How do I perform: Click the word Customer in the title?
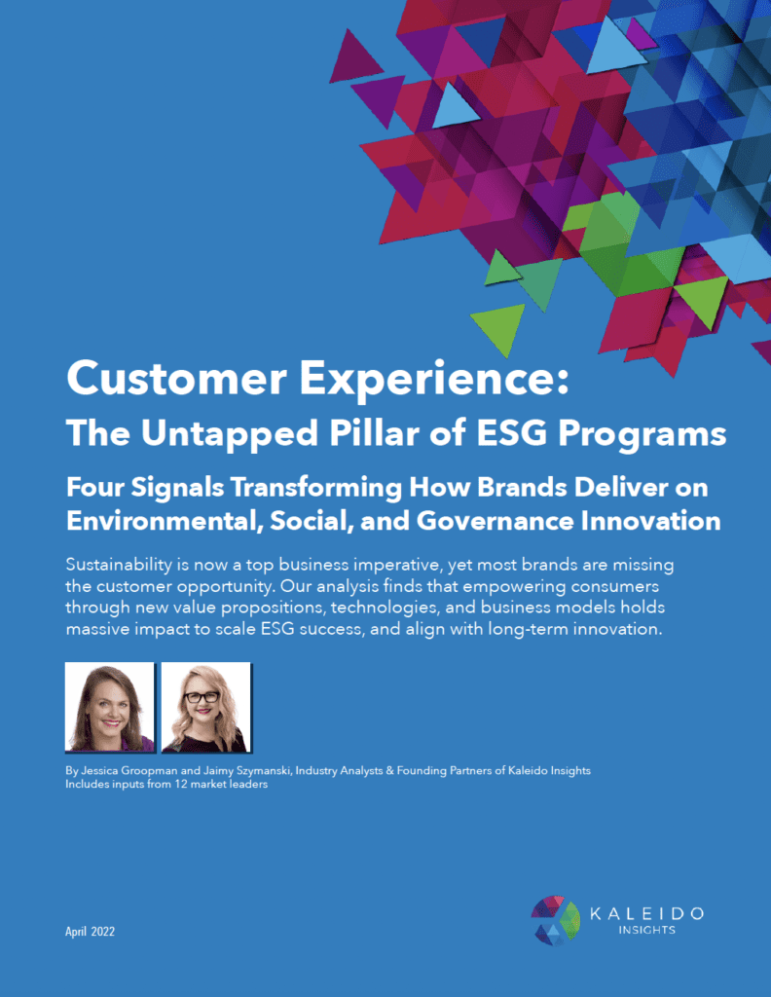click(176, 378)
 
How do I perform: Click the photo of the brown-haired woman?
click(110, 707)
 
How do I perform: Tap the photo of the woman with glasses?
click(206, 707)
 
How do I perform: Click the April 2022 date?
click(91, 932)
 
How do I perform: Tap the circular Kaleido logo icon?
click(556, 920)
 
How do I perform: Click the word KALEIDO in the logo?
click(646, 913)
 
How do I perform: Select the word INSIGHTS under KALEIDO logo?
click(646, 930)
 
